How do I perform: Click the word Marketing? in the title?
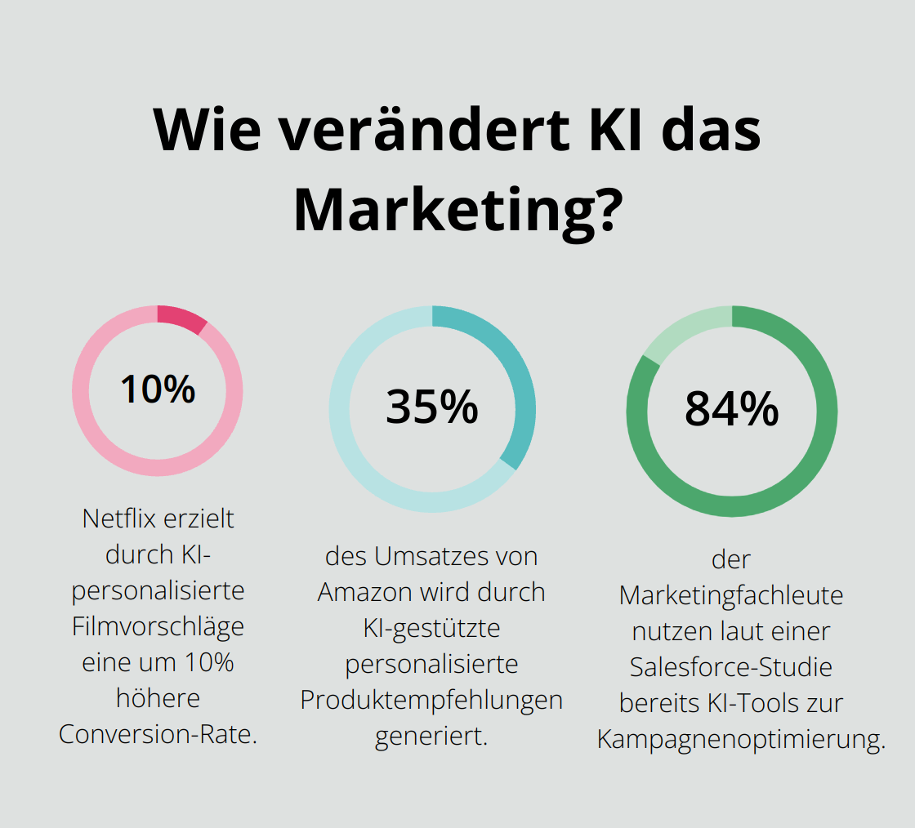click(454, 209)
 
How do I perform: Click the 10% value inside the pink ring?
click(158, 390)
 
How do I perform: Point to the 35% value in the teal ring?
click(432, 407)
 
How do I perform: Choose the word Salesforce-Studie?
click(731, 667)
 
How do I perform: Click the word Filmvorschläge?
click(158, 626)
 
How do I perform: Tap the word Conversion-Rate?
click(158, 734)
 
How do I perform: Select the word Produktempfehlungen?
click(431, 700)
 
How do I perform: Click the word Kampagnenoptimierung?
click(741, 739)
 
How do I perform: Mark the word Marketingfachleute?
click(731, 595)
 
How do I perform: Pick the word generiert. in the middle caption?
click(431, 736)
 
